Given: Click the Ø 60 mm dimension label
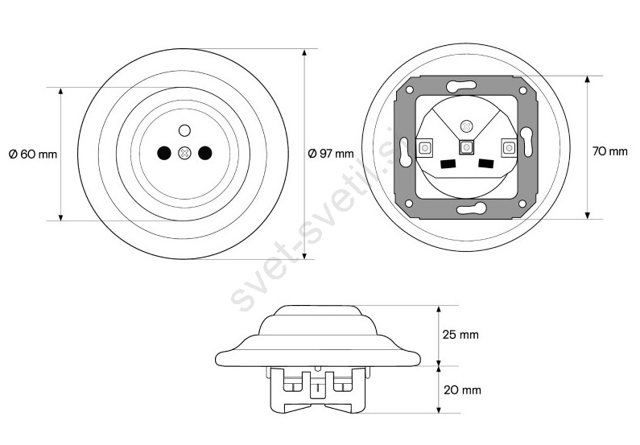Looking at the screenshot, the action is click(33, 155).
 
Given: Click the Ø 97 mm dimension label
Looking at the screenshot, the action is click(331, 154).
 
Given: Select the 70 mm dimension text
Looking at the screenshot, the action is click(609, 151).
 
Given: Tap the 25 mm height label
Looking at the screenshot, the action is click(460, 335).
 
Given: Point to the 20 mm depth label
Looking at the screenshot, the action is click(462, 390).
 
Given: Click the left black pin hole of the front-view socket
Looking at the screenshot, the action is click(164, 153).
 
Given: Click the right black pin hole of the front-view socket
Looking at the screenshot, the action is click(205, 153).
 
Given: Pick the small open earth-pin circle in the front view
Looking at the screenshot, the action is click(184, 130).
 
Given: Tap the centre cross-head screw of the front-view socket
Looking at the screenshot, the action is click(184, 154).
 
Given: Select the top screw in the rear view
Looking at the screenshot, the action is click(466, 126).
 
